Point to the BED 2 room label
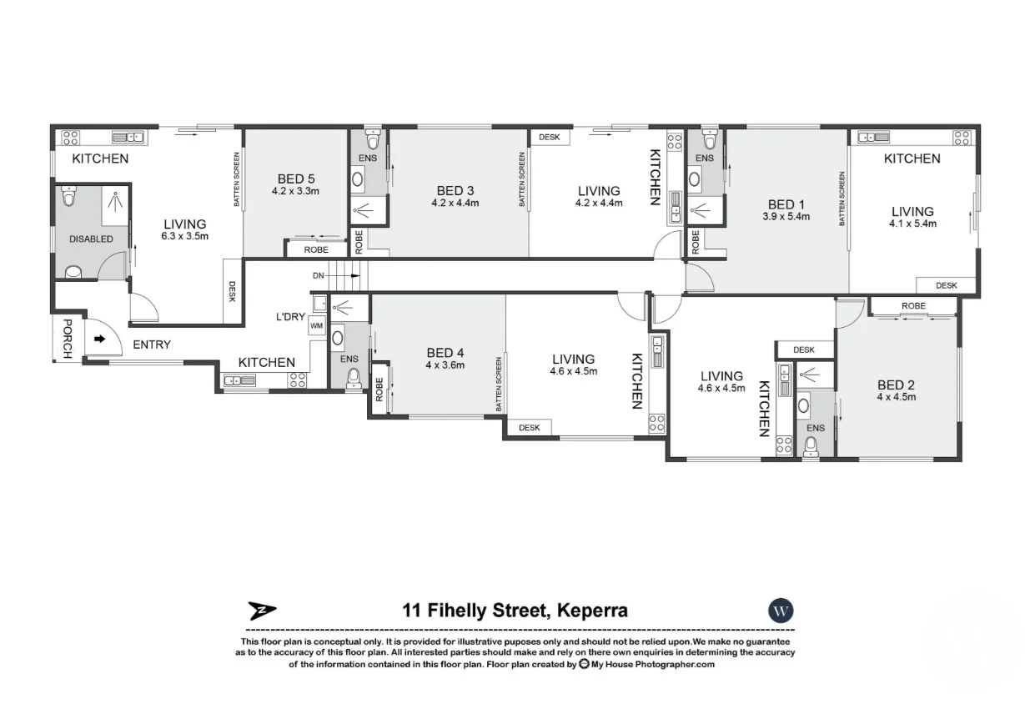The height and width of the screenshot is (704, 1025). (x=897, y=385)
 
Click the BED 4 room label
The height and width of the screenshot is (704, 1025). (x=445, y=353)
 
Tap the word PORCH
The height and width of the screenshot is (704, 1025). (x=67, y=339)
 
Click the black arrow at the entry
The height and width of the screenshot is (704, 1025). (x=99, y=339)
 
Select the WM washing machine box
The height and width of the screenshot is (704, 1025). (x=317, y=325)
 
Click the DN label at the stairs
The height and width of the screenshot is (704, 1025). (x=318, y=275)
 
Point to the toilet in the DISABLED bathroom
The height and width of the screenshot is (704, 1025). (x=73, y=271)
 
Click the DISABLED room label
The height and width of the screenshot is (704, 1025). (x=92, y=239)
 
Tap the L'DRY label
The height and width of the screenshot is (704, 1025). (x=291, y=317)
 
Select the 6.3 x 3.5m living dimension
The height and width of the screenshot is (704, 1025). (x=185, y=236)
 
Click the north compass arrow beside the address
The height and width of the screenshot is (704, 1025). (x=262, y=611)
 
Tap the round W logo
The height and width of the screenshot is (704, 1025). (x=781, y=610)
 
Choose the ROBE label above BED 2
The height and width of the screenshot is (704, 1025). (x=913, y=306)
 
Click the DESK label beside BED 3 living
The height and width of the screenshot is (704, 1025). (x=549, y=138)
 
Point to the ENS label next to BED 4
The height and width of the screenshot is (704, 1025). (x=349, y=360)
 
